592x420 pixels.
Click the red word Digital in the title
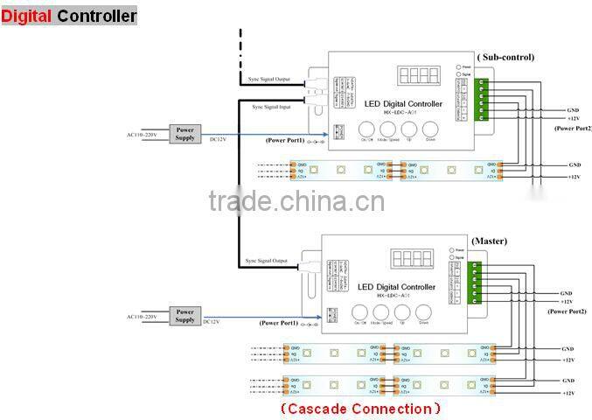(x=27, y=16)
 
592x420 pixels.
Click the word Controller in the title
(x=97, y=16)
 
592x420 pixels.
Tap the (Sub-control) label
(x=505, y=57)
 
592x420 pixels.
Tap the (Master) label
(x=489, y=241)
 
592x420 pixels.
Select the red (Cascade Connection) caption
(x=360, y=409)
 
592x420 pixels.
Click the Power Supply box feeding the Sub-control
(x=185, y=133)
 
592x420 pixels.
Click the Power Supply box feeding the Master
(x=185, y=316)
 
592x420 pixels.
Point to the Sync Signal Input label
(x=270, y=107)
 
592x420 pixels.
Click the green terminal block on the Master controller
(x=476, y=282)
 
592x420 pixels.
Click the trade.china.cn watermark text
(x=296, y=202)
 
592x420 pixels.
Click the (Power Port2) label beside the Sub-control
(x=572, y=129)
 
